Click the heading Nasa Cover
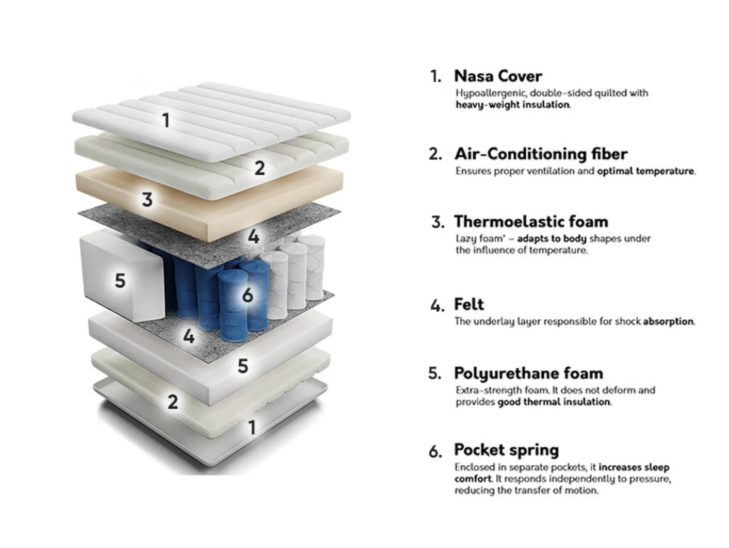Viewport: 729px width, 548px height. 498,76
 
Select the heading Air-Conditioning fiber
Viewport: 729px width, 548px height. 541,154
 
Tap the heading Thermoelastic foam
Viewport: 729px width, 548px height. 531,222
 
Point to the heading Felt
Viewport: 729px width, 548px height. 469,304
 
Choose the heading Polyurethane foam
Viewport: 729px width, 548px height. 529,373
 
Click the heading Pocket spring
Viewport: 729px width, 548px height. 507,450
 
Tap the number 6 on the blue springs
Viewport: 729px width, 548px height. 247,295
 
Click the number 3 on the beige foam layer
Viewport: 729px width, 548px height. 147,199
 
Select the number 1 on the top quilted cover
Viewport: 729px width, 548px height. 166,120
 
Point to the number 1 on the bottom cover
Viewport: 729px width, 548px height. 252,427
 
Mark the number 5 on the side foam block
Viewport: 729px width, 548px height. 120,281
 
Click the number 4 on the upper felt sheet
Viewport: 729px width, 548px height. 254,237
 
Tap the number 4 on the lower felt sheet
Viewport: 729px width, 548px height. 189,336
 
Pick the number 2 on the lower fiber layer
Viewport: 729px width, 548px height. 172,402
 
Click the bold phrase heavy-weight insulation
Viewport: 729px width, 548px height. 513,105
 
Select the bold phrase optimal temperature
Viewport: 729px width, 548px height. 645,171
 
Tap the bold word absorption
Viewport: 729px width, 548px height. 668,322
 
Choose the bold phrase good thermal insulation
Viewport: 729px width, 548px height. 553,402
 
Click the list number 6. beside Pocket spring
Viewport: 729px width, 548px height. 435,451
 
